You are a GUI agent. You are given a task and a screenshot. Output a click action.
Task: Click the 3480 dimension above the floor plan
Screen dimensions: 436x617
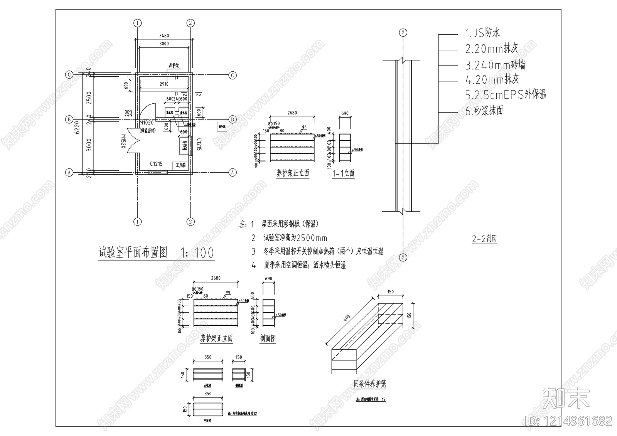164,36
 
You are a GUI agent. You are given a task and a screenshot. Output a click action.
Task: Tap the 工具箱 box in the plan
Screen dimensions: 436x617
180,165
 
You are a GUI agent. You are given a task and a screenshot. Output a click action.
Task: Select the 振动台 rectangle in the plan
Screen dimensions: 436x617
185,146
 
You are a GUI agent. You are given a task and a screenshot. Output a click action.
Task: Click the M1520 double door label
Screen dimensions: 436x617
124,141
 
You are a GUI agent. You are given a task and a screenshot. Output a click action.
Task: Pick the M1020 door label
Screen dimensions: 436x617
147,123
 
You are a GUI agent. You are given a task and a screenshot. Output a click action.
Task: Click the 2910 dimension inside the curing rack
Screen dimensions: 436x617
164,84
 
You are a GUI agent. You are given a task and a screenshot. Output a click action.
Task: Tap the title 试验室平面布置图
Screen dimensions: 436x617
133,253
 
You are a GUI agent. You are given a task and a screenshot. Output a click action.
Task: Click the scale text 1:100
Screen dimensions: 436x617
197,253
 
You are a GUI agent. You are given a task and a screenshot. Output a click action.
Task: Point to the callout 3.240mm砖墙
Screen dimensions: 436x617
495,65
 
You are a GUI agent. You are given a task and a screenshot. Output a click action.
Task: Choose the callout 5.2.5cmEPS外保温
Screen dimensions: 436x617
506,95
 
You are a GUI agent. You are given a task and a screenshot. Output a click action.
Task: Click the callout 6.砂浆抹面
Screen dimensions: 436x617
484,111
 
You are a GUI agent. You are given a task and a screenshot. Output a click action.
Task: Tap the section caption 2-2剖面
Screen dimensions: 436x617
484,239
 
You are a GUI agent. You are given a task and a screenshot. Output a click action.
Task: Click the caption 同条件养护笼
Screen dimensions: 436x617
370,384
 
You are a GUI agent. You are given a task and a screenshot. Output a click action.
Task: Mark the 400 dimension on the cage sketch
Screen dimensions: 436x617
347,318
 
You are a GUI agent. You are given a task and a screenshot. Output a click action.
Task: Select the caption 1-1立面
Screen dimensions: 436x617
343,173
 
